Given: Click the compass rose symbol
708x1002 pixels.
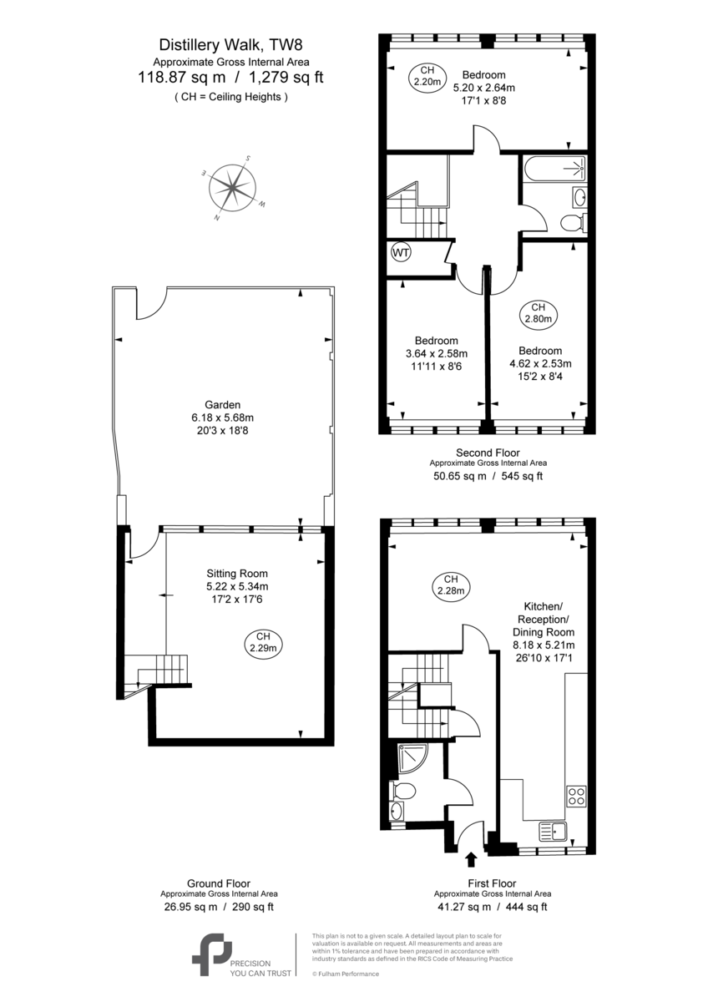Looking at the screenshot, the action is (x=232, y=188).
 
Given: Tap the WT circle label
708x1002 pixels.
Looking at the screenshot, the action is (x=400, y=253).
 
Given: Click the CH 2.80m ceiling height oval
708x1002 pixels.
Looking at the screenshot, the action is (x=538, y=313).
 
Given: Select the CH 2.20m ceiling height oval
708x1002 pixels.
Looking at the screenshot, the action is (x=427, y=76).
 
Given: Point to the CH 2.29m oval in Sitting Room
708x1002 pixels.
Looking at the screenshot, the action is (x=263, y=642).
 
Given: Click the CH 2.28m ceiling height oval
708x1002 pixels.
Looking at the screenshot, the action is (x=451, y=584).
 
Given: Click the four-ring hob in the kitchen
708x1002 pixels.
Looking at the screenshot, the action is (x=577, y=795).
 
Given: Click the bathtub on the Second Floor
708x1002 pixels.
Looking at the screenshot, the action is (x=554, y=169).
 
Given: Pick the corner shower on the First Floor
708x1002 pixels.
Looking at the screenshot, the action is (x=412, y=758).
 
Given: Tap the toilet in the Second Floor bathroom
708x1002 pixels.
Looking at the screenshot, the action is (x=574, y=222).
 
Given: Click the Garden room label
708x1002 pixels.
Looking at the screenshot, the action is (x=222, y=405).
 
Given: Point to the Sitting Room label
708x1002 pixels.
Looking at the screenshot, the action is (x=237, y=574).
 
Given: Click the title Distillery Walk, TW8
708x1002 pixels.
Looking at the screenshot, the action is (x=230, y=45).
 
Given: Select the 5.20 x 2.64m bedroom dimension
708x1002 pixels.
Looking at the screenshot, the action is (x=484, y=88).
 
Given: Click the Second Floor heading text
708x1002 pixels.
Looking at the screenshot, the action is (x=488, y=453).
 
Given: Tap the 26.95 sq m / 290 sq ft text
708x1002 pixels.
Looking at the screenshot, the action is (x=219, y=907).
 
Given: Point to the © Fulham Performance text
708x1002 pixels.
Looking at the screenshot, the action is (x=346, y=974).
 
